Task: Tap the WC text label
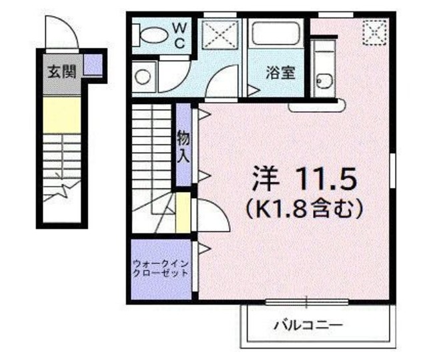(181, 35)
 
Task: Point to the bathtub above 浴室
(276, 34)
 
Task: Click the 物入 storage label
(183, 148)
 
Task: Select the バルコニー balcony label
(308, 326)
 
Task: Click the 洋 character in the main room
(266, 178)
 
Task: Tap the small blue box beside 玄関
(92, 65)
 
